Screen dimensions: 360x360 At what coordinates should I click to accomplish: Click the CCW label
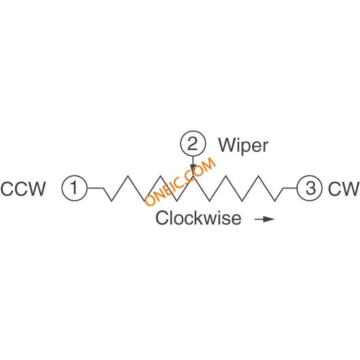(23, 189)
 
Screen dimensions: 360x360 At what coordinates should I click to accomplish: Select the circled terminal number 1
(74, 188)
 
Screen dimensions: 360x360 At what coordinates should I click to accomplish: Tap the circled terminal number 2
(193, 144)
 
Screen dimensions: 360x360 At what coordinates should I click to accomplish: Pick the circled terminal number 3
(310, 188)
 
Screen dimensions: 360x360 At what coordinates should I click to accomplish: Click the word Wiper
(243, 145)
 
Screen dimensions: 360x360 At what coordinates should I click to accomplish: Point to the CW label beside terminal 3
(344, 189)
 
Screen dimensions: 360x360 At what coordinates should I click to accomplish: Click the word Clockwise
(199, 218)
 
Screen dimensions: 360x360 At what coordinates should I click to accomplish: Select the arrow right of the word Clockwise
(265, 219)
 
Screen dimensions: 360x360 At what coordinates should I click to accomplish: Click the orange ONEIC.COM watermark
(181, 182)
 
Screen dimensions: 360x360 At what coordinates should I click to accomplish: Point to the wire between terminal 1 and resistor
(96, 188)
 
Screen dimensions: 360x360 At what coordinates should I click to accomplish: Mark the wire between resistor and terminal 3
(290, 188)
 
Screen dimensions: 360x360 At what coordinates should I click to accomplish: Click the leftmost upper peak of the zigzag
(128, 176)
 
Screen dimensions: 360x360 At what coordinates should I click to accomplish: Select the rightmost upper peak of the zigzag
(259, 176)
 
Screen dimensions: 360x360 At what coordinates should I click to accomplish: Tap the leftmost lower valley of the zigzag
(111, 201)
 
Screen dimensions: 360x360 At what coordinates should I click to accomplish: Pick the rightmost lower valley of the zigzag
(275, 201)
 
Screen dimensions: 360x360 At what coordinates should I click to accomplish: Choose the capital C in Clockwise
(162, 218)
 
